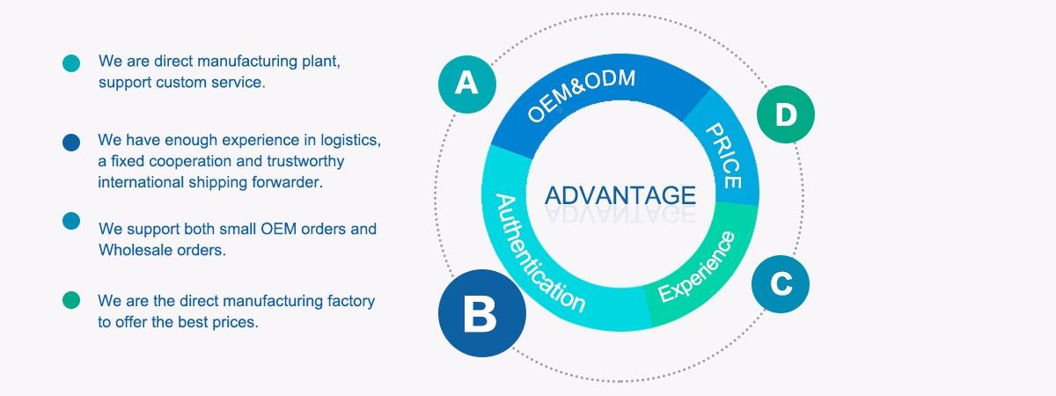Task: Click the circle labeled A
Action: tap(467, 84)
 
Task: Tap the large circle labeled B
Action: tap(481, 312)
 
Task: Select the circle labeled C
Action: tap(781, 284)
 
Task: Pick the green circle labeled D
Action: tap(786, 114)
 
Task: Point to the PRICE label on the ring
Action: tap(724, 157)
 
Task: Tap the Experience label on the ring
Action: tap(696, 267)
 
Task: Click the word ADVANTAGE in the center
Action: tap(620, 195)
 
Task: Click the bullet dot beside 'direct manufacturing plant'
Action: tap(71, 63)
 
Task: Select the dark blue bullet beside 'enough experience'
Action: tap(71, 143)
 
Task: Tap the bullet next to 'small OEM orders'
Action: tap(71, 220)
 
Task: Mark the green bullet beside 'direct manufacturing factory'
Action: tap(71, 301)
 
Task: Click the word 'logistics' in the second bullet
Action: tap(349, 140)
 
